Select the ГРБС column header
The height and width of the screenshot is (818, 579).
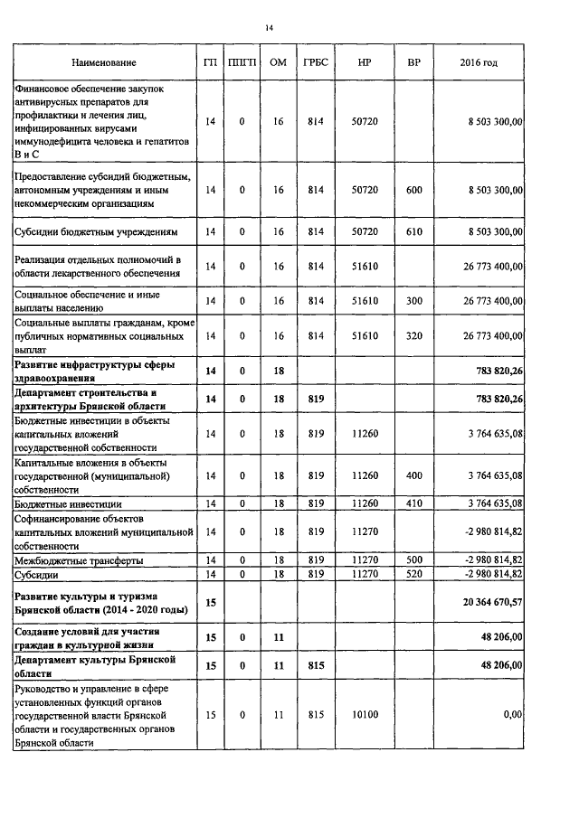(316, 63)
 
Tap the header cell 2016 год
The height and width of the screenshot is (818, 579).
(479, 63)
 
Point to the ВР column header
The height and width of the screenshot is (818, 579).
(414, 63)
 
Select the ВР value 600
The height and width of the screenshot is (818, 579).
(414, 191)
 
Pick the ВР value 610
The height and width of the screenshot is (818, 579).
(414, 232)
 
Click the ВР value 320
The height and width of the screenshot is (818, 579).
(414, 336)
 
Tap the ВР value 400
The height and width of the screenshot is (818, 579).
(414, 475)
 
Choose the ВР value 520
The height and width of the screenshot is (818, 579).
(414, 574)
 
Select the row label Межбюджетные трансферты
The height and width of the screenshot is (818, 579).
(79, 561)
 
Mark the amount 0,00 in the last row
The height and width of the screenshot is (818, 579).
(512, 715)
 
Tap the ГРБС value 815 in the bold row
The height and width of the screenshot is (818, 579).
(316, 666)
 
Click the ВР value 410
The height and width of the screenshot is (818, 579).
(414, 503)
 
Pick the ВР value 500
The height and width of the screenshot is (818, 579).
(414, 561)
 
